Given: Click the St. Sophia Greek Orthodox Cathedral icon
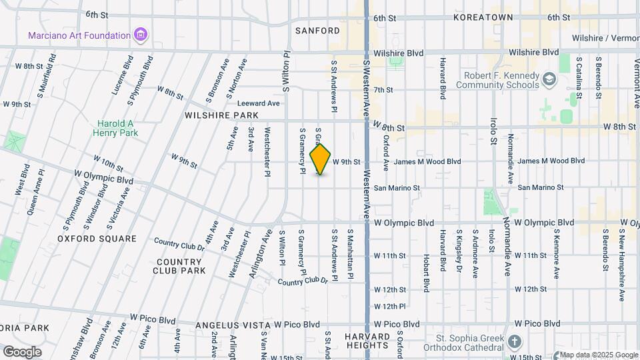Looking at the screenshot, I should [x=514, y=342].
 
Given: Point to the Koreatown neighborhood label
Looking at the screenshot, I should [x=484, y=17].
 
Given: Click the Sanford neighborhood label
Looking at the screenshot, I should [x=318, y=31].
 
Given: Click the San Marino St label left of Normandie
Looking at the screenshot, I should [x=397, y=188].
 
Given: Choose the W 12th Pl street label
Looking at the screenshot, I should [x=390, y=306].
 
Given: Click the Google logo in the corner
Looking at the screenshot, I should [x=22, y=351].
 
